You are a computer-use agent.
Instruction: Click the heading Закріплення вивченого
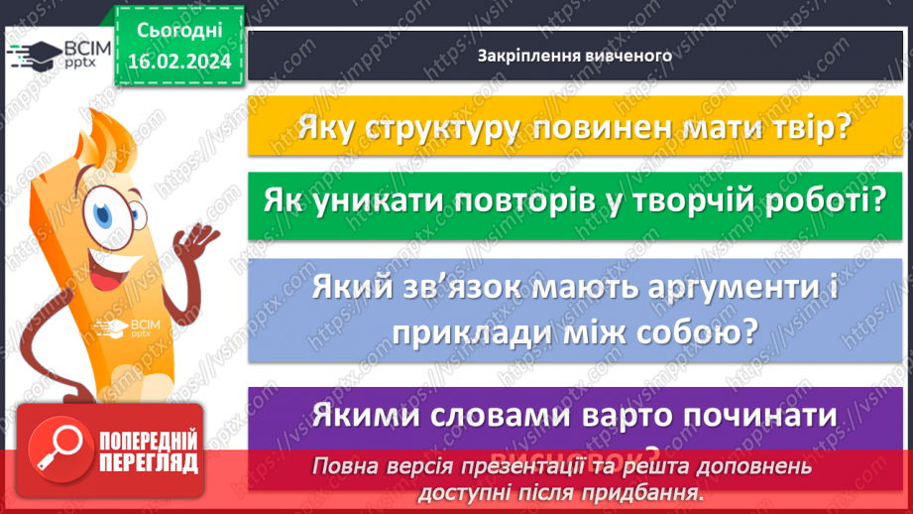pyautogui.click(x=575, y=56)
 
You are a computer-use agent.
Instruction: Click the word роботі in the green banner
pyautogui.click(x=823, y=201)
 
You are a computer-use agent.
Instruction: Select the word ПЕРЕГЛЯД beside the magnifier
pyautogui.click(x=149, y=462)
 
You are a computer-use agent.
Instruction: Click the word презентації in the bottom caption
pyautogui.click(x=500, y=466)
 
